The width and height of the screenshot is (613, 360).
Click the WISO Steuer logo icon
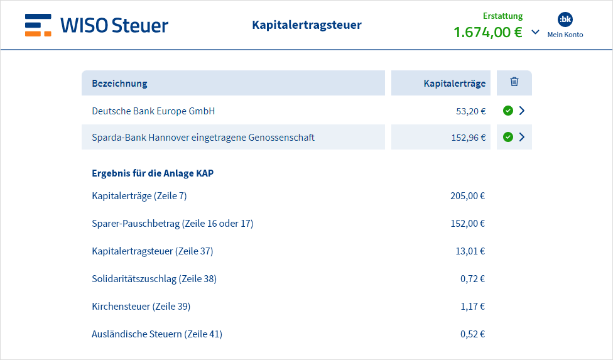tap(38, 25)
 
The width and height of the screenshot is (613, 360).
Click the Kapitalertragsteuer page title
tap(307, 25)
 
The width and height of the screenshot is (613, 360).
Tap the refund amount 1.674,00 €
tap(488, 32)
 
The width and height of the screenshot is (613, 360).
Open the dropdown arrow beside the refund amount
tap(536, 32)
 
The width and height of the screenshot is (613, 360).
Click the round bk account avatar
tap(565, 19)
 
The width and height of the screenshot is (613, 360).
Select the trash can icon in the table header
tap(514, 82)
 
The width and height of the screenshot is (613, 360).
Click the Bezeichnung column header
tap(119, 84)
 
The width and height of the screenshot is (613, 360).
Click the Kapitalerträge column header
tap(455, 84)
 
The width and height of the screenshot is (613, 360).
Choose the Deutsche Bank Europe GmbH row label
tap(153, 111)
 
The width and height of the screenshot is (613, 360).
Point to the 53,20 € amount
tap(471, 111)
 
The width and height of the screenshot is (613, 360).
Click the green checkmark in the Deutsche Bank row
tap(508, 111)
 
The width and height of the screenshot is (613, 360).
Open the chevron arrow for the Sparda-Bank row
tap(522, 137)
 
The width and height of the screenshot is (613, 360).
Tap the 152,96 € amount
tap(469, 138)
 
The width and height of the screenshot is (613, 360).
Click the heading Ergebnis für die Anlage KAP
tap(153, 173)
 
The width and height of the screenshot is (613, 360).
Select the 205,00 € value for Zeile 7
tap(467, 196)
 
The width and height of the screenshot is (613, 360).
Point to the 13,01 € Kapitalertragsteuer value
tap(470, 251)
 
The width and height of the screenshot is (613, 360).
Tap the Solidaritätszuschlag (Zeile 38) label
tap(154, 279)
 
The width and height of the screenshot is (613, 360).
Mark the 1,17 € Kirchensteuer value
tap(473, 307)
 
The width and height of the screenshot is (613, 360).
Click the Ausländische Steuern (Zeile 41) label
tap(157, 334)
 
